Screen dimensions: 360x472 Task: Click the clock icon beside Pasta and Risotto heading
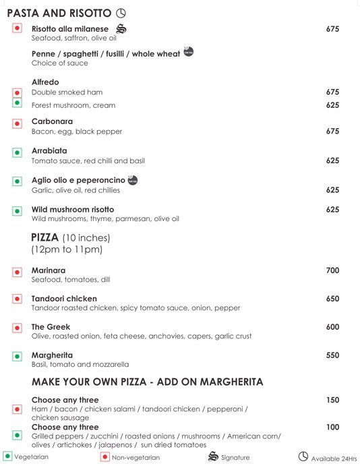[121, 13]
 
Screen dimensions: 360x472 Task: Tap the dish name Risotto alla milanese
[69, 29]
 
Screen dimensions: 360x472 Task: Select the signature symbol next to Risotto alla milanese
[121, 29]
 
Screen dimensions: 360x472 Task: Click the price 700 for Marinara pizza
[332, 270]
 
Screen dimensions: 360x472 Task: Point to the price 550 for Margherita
[332, 355]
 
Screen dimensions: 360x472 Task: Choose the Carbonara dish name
[52, 121]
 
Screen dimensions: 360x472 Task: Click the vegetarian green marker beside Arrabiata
[18, 154]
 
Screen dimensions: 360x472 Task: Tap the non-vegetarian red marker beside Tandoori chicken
[18, 299]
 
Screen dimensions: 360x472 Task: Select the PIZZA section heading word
[44, 237]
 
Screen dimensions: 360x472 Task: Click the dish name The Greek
[51, 326]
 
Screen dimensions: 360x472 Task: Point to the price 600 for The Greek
[332, 326]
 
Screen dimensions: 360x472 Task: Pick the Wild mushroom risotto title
[73, 210]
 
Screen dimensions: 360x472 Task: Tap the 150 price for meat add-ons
[332, 400]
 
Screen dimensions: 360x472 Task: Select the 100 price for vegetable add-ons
[332, 427]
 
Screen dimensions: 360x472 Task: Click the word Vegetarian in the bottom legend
[32, 458]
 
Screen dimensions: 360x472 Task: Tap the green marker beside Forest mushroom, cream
[18, 103]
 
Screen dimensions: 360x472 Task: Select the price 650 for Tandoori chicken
[332, 299]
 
